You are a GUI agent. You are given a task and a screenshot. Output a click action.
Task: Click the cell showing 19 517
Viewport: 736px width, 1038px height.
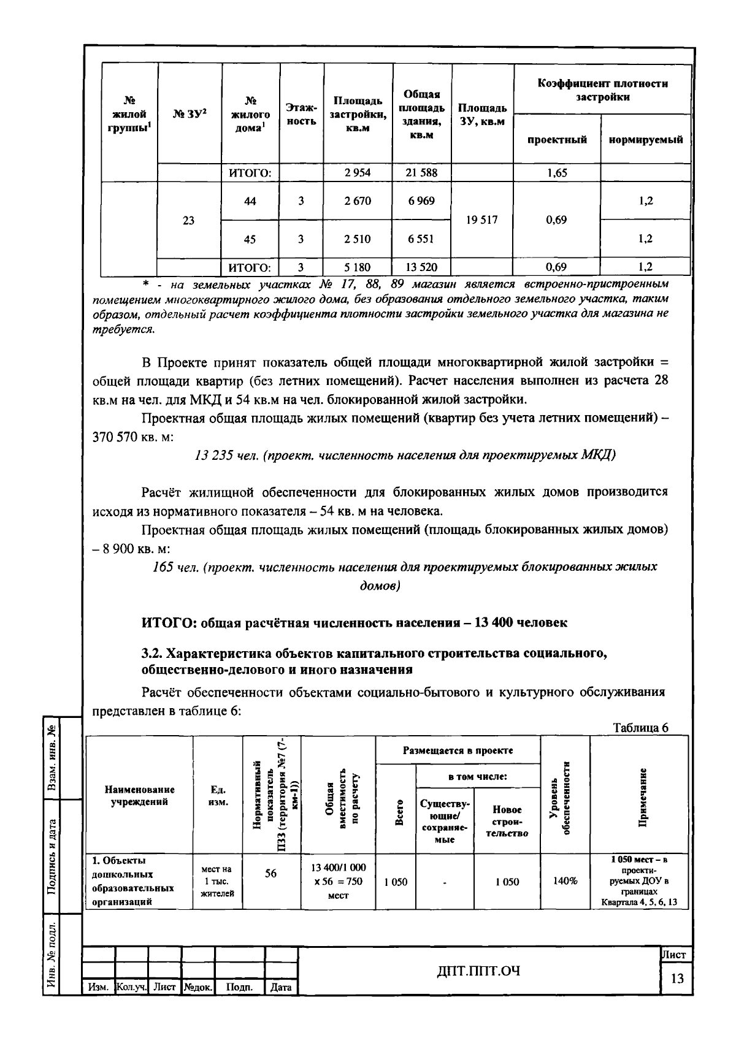[481, 220]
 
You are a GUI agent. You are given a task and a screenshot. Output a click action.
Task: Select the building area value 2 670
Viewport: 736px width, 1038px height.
[357, 201]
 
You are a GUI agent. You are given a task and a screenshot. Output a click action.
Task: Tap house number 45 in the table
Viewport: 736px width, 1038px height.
[250, 239]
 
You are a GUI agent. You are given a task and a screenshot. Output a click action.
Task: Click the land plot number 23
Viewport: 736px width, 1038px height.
[188, 220]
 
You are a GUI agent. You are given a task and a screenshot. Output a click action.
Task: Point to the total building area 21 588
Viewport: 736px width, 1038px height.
[421, 173]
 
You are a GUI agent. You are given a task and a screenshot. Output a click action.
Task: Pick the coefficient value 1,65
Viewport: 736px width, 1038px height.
[556, 173]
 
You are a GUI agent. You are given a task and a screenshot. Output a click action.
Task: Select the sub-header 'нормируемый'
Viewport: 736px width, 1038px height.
[645, 140]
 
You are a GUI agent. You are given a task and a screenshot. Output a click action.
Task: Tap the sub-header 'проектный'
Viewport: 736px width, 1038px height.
[557, 140]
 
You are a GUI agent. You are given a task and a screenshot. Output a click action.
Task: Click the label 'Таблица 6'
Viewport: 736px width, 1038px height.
[640, 728]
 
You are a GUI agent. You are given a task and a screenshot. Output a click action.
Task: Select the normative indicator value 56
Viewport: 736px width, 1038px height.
[270, 874]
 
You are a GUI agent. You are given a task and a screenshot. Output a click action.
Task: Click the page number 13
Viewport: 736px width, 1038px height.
[677, 979]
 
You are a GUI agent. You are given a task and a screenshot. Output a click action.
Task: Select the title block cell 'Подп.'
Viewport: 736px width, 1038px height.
[239, 988]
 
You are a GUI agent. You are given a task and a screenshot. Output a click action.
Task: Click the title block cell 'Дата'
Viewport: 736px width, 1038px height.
[281, 988]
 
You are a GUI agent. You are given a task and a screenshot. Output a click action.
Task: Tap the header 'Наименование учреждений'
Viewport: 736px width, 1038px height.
[139, 796]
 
